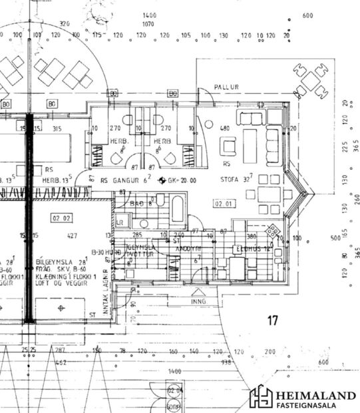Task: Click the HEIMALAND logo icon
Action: pyautogui.click(x=260, y=396)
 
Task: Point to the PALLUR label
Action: pyautogui.click(x=226, y=87)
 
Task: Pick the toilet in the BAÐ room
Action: pyautogui.click(x=160, y=199)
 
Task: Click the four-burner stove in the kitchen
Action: pyautogui.click(x=272, y=230)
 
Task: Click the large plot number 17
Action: pyautogui.click(x=271, y=321)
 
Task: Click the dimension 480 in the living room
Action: pyautogui.click(x=225, y=129)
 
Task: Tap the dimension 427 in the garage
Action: pyautogui.click(x=72, y=236)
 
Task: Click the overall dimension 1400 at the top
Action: pyautogui.click(x=148, y=15)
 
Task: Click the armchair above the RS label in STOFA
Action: pyautogui.click(x=228, y=145)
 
